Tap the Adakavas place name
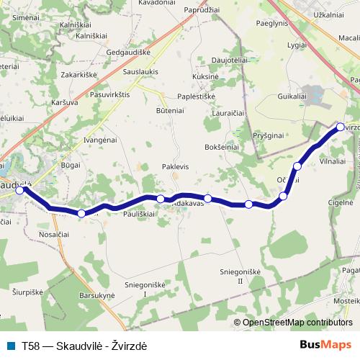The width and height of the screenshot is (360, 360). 189,204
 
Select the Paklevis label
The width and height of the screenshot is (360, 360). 175,166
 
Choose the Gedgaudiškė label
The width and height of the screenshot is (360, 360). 127,53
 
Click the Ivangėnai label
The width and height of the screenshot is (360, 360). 100,140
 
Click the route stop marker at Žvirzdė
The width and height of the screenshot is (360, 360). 341,127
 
